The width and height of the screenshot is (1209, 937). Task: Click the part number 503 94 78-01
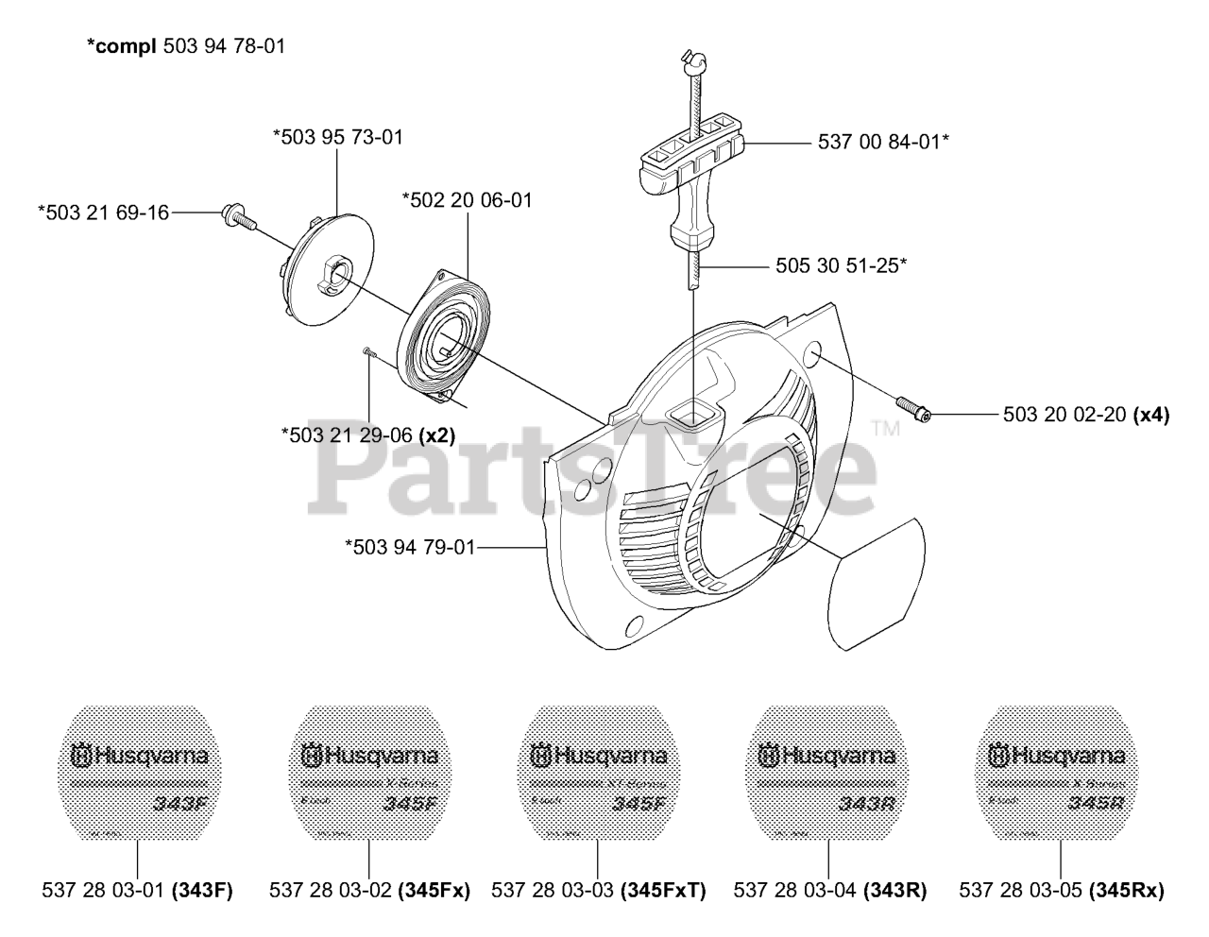tap(224, 45)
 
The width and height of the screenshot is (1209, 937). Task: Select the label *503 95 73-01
tap(338, 137)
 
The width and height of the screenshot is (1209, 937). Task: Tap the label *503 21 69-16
tap(103, 213)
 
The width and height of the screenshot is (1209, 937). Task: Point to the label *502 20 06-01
tap(467, 200)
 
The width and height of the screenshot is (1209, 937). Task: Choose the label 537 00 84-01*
tap(882, 142)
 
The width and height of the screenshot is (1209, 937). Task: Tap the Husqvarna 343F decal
tap(139, 773)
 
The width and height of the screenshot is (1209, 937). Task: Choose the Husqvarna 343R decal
tap(827, 773)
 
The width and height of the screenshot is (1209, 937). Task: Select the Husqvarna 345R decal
tap(1057, 773)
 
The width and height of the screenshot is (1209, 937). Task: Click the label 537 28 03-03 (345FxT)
tap(599, 890)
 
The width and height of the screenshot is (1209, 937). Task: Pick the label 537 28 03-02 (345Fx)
tap(369, 890)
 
